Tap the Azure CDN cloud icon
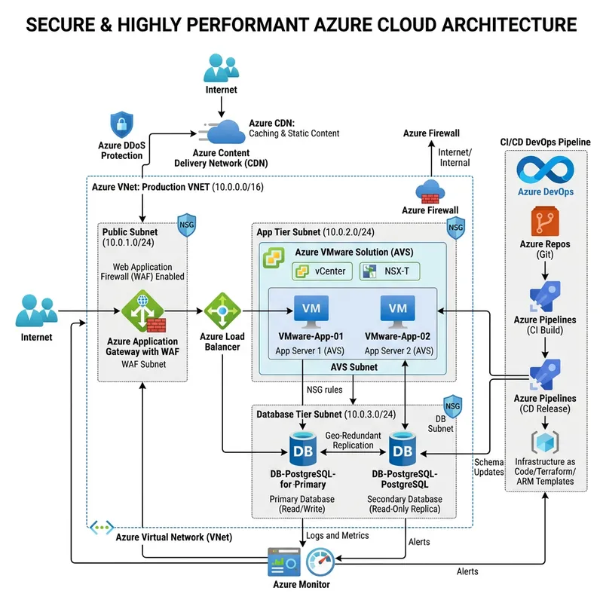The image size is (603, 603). (220, 133)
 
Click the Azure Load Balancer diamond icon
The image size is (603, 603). (222, 310)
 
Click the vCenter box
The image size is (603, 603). (322, 271)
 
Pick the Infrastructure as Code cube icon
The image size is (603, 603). (544, 441)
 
